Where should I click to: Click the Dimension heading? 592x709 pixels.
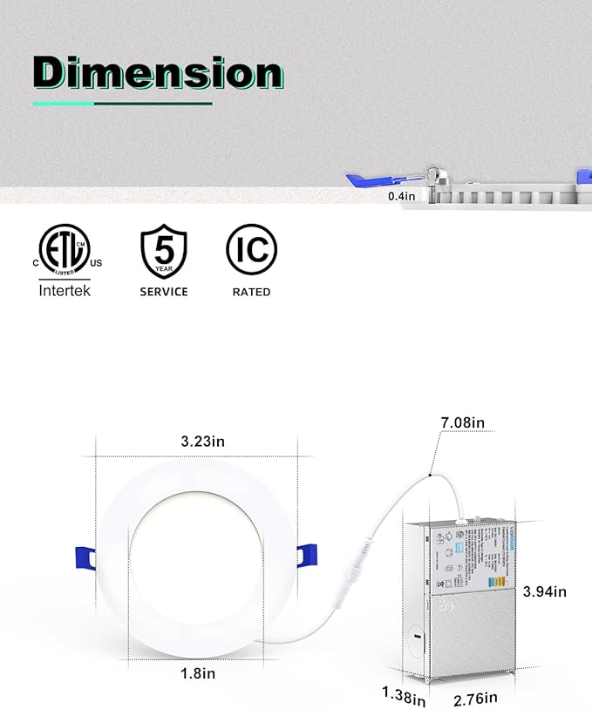158,73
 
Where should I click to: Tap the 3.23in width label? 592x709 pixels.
202,442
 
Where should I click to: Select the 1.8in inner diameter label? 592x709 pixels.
198,672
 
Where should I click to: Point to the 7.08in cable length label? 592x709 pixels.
463,423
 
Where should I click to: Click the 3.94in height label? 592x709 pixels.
545,591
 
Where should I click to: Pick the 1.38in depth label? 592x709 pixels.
403,697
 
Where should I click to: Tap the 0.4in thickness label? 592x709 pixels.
401,197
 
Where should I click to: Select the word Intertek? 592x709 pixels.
65,291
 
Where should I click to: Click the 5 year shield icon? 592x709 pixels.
163,250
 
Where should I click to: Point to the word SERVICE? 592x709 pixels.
163,292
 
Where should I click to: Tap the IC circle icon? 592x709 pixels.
252,250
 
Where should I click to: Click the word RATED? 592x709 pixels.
251,292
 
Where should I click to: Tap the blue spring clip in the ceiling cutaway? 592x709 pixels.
370,181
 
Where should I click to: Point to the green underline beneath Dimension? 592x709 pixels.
122,104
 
